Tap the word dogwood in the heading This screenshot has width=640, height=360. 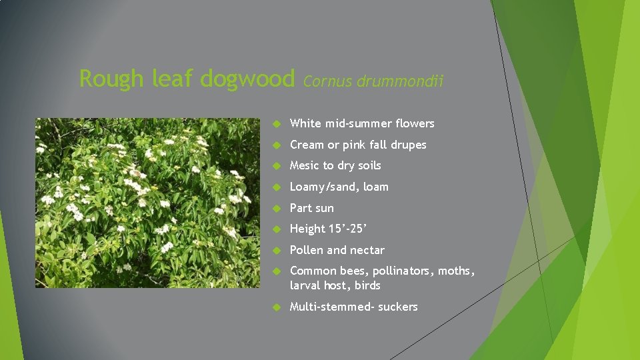[x=247, y=79]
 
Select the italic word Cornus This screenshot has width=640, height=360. [x=327, y=82]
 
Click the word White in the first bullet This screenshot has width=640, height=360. [x=306, y=123]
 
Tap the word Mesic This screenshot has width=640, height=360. [x=305, y=165]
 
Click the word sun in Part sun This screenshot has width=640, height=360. [x=325, y=208]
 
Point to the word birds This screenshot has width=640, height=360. [x=367, y=285]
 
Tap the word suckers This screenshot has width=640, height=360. [x=398, y=307]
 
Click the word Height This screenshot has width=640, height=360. [x=307, y=229]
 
